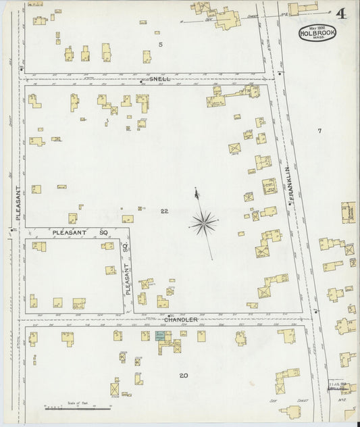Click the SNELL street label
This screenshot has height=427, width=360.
[x=161, y=79]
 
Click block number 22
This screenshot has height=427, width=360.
[x=164, y=212]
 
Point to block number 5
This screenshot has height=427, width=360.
[x=161, y=45]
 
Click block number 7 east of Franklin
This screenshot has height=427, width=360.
[x=319, y=130]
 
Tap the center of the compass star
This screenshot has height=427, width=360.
[x=204, y=220]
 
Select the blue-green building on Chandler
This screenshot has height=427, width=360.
[x=161, y=335]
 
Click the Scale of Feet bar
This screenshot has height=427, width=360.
[x=78, y=408]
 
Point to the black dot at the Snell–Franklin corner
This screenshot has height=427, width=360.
[x=278, y=72]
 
